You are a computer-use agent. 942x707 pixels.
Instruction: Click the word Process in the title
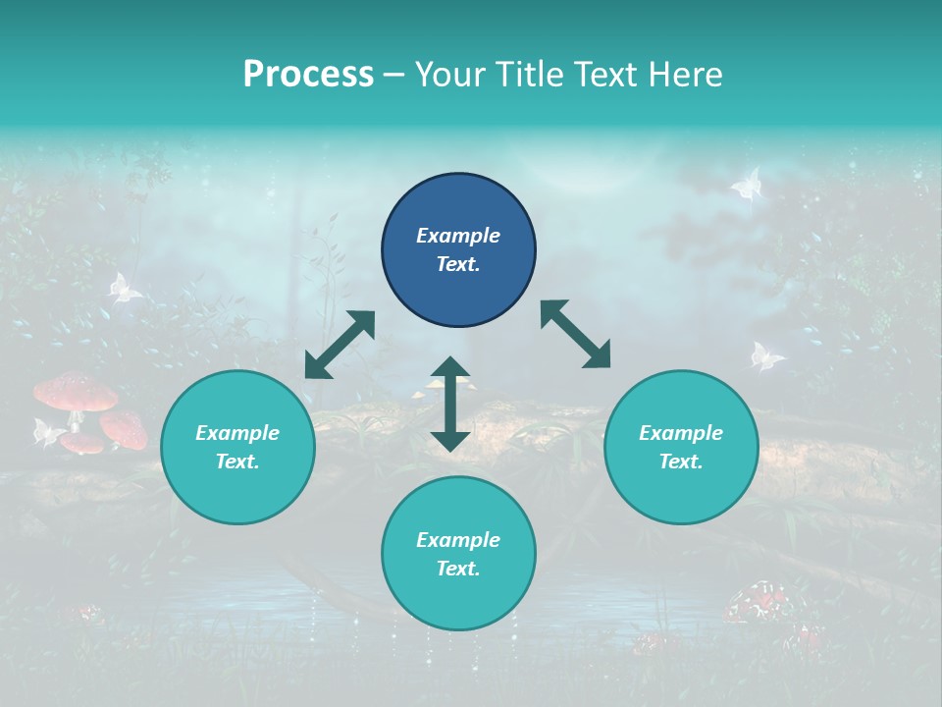coord(308,74)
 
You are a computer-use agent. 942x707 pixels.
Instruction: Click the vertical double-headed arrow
coord(450,404)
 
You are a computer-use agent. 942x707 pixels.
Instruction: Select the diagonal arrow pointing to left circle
coord(340,344)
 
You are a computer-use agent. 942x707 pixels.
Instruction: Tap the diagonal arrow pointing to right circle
coord(576,334)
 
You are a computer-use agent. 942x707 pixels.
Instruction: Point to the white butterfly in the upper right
coord(748,184)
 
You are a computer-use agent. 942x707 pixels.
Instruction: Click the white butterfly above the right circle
coord(766,356)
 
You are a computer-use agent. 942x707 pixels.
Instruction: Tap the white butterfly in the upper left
coord(124,288)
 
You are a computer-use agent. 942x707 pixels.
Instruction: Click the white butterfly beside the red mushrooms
coord(46,431)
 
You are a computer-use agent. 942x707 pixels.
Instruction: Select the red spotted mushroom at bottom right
coord(759,600)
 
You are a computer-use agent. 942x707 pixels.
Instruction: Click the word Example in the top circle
coord(458,236)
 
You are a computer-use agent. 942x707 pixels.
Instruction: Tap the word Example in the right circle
coord(681,433)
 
